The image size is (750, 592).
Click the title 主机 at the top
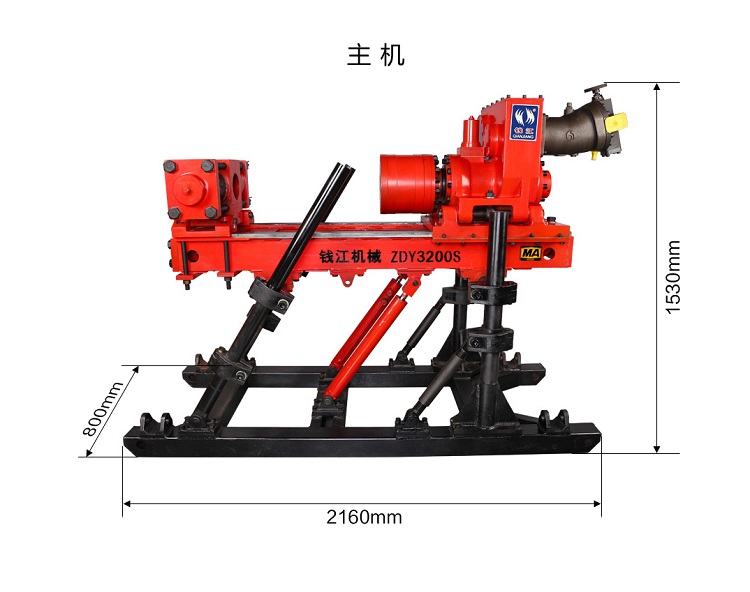pyautogui.click(x=375, y=55)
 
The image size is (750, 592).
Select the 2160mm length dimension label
pyautogui.click(x=364, y=517)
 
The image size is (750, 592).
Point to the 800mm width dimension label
pyautogui.click(x=103, y=409)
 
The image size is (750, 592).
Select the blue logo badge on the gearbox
pyautogui.click(x=524, y=121)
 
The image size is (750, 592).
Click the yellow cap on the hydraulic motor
pyautogui.click(x=619, y=119)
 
